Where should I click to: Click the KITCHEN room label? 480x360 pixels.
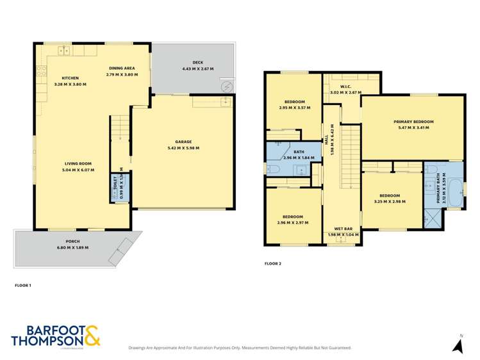tap(66, 78)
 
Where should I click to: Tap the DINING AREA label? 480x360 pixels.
tap(121, 67)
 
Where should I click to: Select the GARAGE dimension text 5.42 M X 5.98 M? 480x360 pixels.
tap(183, 148)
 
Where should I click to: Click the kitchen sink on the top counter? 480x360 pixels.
tap(65, 49)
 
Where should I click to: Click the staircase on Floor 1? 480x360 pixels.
tap(120, 129)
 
